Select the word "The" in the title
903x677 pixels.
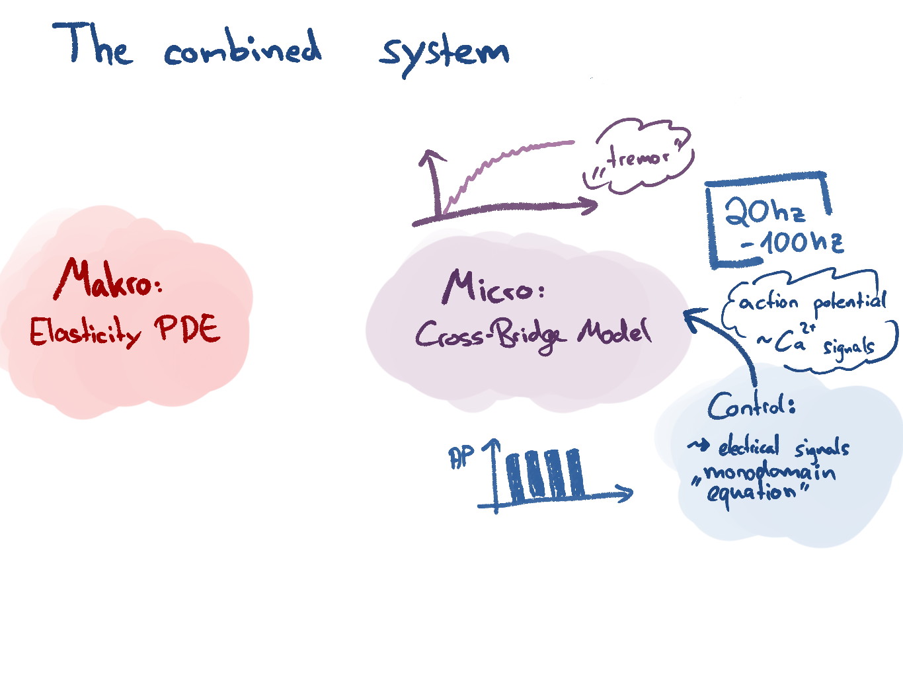pyautogui.click(x=93, y=45)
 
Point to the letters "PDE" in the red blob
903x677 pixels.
pyautogui.click(x=188, y=328)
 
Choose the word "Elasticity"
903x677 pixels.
pyautogui.click(x=85, y=331)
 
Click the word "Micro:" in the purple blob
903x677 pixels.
pyautogui.click(x=492, y=288)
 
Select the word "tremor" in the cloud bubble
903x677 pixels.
pyautogui.click(x=637, y=157)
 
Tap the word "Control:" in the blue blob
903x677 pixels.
pyautogui.click(x=751, y=405)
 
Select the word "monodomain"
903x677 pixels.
pyautogui.click(x=769, y=472)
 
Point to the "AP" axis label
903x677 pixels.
pyautogui.click(x=461, y=457)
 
